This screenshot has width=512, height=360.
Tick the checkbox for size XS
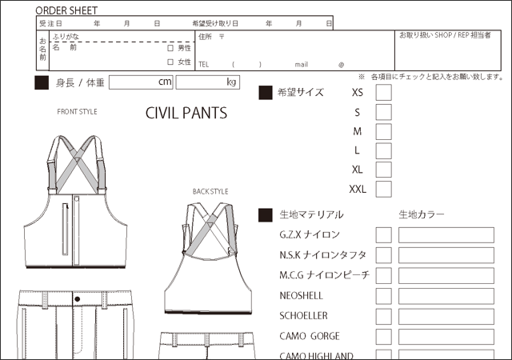(x=384, y=92)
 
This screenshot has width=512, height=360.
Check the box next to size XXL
(x=384, y=190)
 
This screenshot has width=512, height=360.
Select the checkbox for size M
(x=384, y=131)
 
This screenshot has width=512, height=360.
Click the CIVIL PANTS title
(x=186, y=113)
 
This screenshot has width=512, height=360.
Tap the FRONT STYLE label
(x=77, y=112)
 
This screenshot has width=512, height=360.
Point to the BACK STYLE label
(x=210, y=192)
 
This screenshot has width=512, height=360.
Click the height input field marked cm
(x=141, y=82)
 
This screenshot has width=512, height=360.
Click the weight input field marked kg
(x=208, y=82)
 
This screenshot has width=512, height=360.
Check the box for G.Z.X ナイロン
(x=384, y=235)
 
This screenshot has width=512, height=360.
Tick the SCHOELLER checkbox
(x=384, y=316)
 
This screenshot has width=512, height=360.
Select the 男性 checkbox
(x=170, y=48)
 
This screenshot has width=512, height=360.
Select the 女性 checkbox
(x=170, y=62)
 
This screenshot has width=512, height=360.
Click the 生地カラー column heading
(x=422, y=214)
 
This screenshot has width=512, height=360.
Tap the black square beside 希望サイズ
(x=266, y=93)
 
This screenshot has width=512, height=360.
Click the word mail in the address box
(x=302, y=64)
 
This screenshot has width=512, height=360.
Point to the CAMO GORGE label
(x=310, y=336)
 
